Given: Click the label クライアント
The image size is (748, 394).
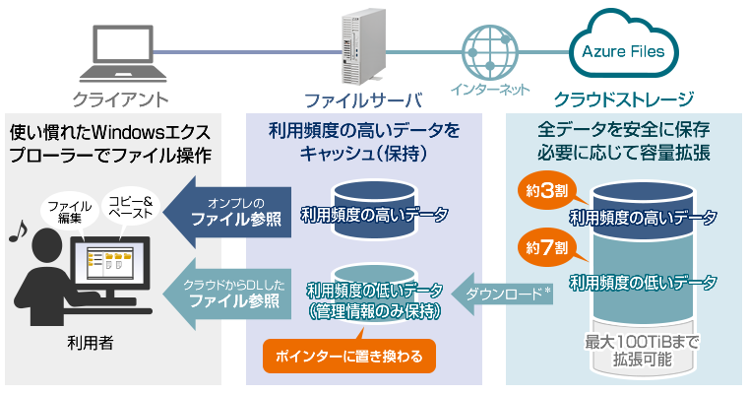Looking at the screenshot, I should click(x=120, y=99).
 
